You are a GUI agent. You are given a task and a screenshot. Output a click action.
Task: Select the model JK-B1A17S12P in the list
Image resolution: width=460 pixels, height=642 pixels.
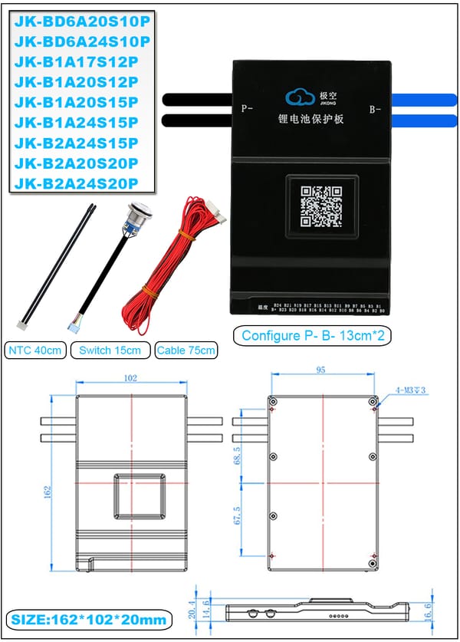click(x=77, y=62)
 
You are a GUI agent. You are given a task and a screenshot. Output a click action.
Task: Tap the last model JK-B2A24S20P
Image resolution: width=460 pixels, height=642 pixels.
click(x=77, y=183)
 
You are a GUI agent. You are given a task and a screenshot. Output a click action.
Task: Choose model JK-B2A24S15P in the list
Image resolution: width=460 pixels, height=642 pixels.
click(x=77, y=143)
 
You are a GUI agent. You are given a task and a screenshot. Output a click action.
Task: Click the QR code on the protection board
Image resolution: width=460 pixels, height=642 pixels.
click(x=320, y=206)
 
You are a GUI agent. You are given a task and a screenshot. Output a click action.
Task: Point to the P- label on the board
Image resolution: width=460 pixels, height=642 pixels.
click(x=247, y=109)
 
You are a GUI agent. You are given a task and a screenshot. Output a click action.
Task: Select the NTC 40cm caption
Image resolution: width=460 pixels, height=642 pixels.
click(x=35, y=351)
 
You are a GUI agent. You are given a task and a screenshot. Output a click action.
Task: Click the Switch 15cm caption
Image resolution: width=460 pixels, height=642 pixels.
click(x=110, y=351)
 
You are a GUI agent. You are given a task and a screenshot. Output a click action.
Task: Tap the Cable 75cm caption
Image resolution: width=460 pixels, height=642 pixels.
click(x=186, y=351)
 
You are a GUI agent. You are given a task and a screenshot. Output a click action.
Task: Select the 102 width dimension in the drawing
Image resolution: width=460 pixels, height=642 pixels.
click(x=131, y=377)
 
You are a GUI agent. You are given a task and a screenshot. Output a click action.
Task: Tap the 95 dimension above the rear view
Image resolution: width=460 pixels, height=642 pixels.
click(x=320, y=370)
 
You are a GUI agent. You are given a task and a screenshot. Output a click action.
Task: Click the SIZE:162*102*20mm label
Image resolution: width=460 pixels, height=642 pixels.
click(x=89, y=619)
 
